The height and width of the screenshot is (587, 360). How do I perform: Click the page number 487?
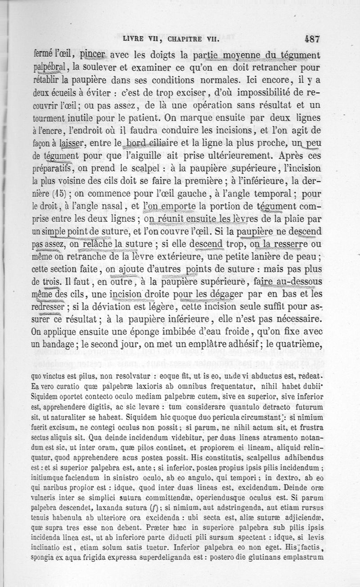pyautogui.click(x=311, y=39)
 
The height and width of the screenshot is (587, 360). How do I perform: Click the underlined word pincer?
pyautogui.click(x=103, y=55)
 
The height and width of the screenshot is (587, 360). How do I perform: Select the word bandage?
pyautogui.click(x=75, y=345)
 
